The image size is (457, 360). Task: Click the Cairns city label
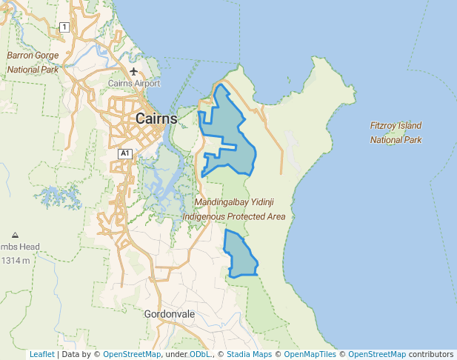pyautogui.click(x=156, y=119)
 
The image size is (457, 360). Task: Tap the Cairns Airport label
pyautogui.click(x=134, y=84)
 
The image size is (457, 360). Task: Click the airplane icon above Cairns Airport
pyautogui.click(x=133, y=71)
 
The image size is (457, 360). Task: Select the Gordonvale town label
pyautogui.click(x=170, y=314)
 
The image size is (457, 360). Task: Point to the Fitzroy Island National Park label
pyautogui.click(x=396, y=133)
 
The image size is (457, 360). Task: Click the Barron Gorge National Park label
pyautogui.click(x=33, y=62)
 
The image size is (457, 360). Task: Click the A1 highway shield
pyautogui.click(x=124, y=153)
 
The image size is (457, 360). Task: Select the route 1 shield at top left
pyautogui.click(x=64, y=27)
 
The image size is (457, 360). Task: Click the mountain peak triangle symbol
pyautogui.click(x=16, y=235)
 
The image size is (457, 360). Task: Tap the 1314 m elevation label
pyautogui.click(x=16, y=261)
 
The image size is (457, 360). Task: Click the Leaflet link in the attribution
pyautogui.click(x=41, y=355)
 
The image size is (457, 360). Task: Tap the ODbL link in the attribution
pyautogui.click(x=199, y=355)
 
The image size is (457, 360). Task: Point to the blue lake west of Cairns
pyautogui.click(x=56, y=196)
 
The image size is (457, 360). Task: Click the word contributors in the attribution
pyautogui.click(x=431, y=355)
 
